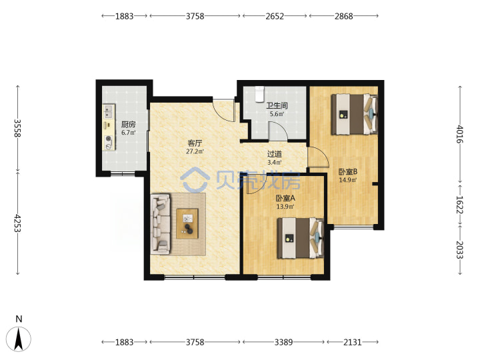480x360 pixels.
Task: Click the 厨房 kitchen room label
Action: tap(128, 124)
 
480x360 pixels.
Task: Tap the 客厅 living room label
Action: tap(195, 143)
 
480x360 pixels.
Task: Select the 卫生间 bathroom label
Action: tap(277, 105)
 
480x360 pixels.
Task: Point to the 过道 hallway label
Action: tap(275, 154)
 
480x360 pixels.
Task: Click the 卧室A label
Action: tap(285, 199)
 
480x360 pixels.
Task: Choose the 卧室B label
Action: tap(348, 172)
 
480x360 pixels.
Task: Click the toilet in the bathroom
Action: tap(259, 94)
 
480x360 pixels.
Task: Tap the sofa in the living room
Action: tap(161, 224)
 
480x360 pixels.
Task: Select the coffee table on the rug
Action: tap(187, 224)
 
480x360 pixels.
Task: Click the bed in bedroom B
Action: tap(355, 114)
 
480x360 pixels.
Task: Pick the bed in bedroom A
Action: tap(301, 238)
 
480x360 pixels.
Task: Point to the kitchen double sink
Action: tap(109, 111)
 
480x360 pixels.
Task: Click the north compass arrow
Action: tap(19, 339)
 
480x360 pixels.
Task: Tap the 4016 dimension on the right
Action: tap(460, 134)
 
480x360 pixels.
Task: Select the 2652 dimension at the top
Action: tap(275, 16)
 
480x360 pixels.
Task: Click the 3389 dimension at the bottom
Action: tap(283, 342)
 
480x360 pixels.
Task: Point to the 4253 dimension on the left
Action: tap(18, 223)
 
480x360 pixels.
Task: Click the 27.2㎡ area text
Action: tap(195, 151)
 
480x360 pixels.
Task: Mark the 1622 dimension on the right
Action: tap(460, 205)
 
